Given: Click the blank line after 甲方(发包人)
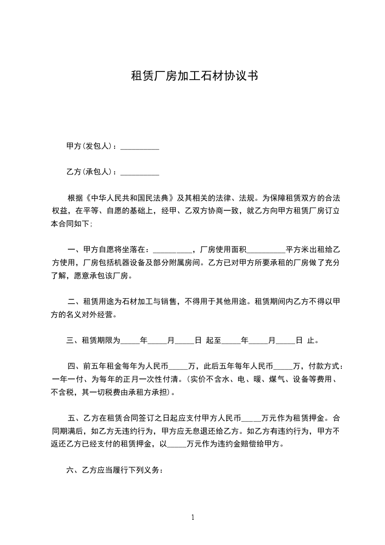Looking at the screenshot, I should tap(139, 146).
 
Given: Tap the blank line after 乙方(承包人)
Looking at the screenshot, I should tap(139, 172).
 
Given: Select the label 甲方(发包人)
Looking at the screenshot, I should tap(89, 146).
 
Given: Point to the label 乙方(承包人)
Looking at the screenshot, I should tap(89, 172).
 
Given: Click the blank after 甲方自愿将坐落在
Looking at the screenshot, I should tap(172, 250).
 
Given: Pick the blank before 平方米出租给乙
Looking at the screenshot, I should tap(266, 250).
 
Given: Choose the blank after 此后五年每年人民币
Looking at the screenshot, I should tap(284, 366).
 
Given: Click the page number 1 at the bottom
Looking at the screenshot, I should tap(193, 517).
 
